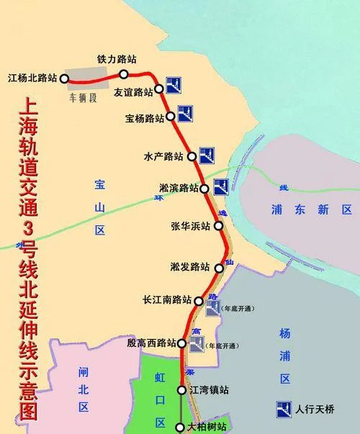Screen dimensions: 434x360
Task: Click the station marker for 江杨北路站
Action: (65, 78)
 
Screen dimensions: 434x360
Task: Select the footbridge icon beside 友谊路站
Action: (173, 86)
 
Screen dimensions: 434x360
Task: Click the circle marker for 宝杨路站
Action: (171, 117)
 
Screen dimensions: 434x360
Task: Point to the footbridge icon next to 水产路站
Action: (207, 154)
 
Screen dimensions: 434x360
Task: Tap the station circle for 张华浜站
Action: (218, 227)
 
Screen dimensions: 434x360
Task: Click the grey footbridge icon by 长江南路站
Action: (212, 308)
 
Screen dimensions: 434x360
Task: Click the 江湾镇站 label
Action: (208, 390)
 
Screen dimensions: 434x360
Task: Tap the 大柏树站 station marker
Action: (179, 427)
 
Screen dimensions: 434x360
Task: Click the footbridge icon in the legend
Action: (282, 408)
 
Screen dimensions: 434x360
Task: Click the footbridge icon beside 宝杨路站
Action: (184, 112)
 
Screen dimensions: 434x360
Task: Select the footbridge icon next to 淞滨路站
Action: (220, 187)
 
